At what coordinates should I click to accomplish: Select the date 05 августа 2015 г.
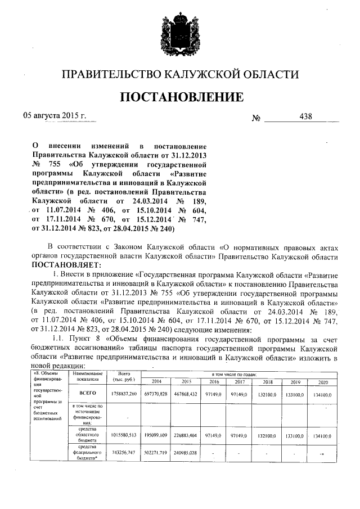54,116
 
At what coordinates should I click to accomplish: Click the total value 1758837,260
125,395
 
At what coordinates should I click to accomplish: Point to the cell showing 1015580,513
125,435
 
